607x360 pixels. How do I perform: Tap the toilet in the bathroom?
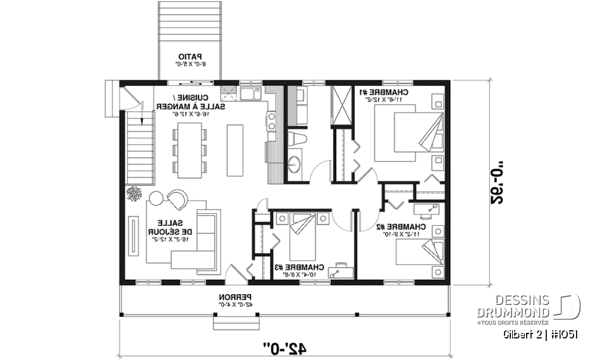(x=295, y=139)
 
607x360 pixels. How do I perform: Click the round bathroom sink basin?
(x=294, y=166)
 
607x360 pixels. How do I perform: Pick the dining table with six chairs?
(x=188, y=149)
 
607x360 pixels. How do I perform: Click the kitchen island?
(x=235, y=149)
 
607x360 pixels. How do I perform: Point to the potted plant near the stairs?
(x=133, y=194)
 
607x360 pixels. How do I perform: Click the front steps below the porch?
(x=232, y=323)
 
